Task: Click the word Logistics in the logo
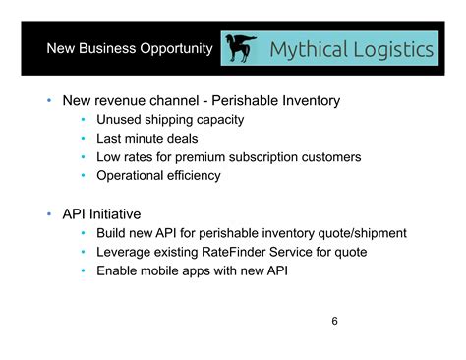pyautogui.click(x=391, y=50)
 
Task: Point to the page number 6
pyautogui.click(x=335, y=321)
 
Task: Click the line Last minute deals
pyautogui.click(x=146, y=139)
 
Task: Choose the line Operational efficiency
pyautogui.click(x=158, y=176)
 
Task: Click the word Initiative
pyautogui.click(x=116, y=213)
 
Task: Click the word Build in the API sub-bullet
pyautogui.click(x=112, y=233)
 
